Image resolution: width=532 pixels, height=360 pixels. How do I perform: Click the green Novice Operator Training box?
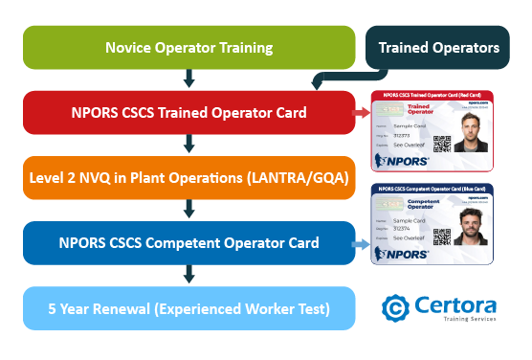(188, 47)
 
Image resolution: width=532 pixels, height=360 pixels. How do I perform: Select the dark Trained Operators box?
(438, 47)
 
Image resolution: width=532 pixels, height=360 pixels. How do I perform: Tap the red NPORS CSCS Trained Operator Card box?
(188, 113)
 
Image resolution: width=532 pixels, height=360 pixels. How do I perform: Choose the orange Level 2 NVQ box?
(188, 178)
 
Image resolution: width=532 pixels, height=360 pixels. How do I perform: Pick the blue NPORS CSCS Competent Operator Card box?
(188, 243)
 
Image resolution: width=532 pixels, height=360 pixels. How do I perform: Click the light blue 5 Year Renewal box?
(188, 309)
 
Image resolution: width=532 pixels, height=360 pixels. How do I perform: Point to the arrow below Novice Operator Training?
(189, 79)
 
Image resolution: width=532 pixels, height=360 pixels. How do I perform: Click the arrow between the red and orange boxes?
(189, 145)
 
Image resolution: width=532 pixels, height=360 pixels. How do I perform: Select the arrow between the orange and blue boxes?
(189, 210)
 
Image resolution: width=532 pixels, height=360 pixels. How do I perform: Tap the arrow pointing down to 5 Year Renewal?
(189, 276)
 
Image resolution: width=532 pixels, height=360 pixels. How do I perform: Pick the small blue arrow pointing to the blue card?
(361, 245)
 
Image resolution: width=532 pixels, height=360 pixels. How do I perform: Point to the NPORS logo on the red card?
(403, 160)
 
